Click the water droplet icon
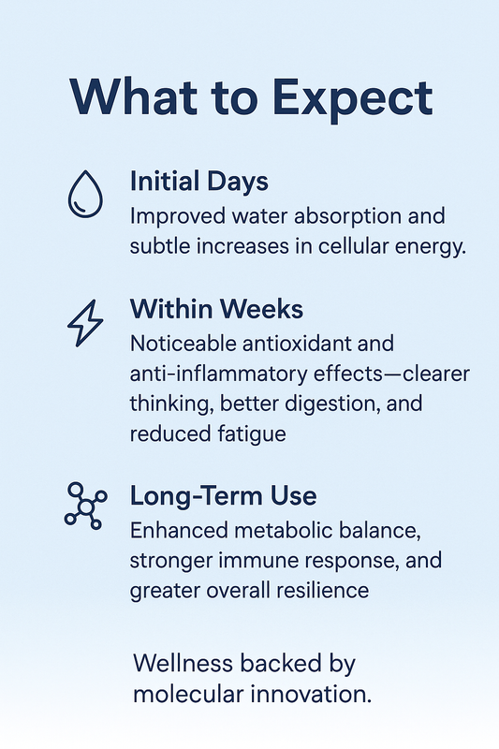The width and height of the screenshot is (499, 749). pyautogui.click(x=84, y=193)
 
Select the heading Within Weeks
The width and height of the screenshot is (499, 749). pyautogui.click(x=218, y=308)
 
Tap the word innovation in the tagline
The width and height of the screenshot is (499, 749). pyautogui.click(x=315, y=694)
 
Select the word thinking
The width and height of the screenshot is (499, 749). pyautogui.click(x=168, y=404)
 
